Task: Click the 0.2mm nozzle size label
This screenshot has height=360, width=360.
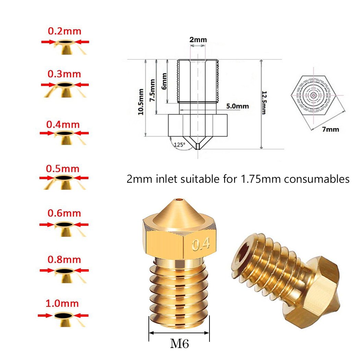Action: tap(64, 31)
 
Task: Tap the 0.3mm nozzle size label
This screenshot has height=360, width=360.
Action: tap(64, 74)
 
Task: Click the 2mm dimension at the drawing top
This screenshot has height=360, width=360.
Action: tap(198, 40)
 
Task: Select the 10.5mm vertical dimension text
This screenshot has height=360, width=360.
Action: tap(141, 102)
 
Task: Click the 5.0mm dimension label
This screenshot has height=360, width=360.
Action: tap(237, 106)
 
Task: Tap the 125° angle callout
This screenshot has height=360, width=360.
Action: tap(179, 144)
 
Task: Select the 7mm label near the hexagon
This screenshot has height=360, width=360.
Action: tap(331, 129)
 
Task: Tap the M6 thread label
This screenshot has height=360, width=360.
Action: tap(179, 344)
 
